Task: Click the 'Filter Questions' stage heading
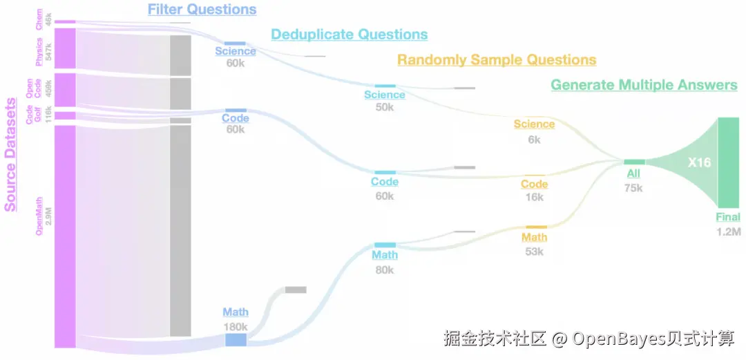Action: click(202, 10)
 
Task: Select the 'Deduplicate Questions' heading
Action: click(349, 35)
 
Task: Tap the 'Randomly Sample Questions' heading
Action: click(497, 60)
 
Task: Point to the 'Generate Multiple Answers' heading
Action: click(644, 85)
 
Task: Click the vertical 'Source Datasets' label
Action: click(10, 154)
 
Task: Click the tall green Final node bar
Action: click(728, 162)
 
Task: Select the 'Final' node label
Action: click(728, 217)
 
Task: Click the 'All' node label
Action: click(632, 173)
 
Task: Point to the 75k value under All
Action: click(633, 187)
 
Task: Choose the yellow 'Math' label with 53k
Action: click(535, 238)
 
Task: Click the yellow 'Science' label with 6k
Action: click(534, 124)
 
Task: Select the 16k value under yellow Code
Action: click(535, 198)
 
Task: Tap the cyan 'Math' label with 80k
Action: click(385, 255)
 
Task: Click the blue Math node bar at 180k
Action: click(236, 339)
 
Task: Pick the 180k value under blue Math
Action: click(236, 326)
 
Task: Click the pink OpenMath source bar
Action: click(65, 235)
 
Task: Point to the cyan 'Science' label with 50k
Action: click(385, 95)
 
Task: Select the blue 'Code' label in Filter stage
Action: click(236, 118)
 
